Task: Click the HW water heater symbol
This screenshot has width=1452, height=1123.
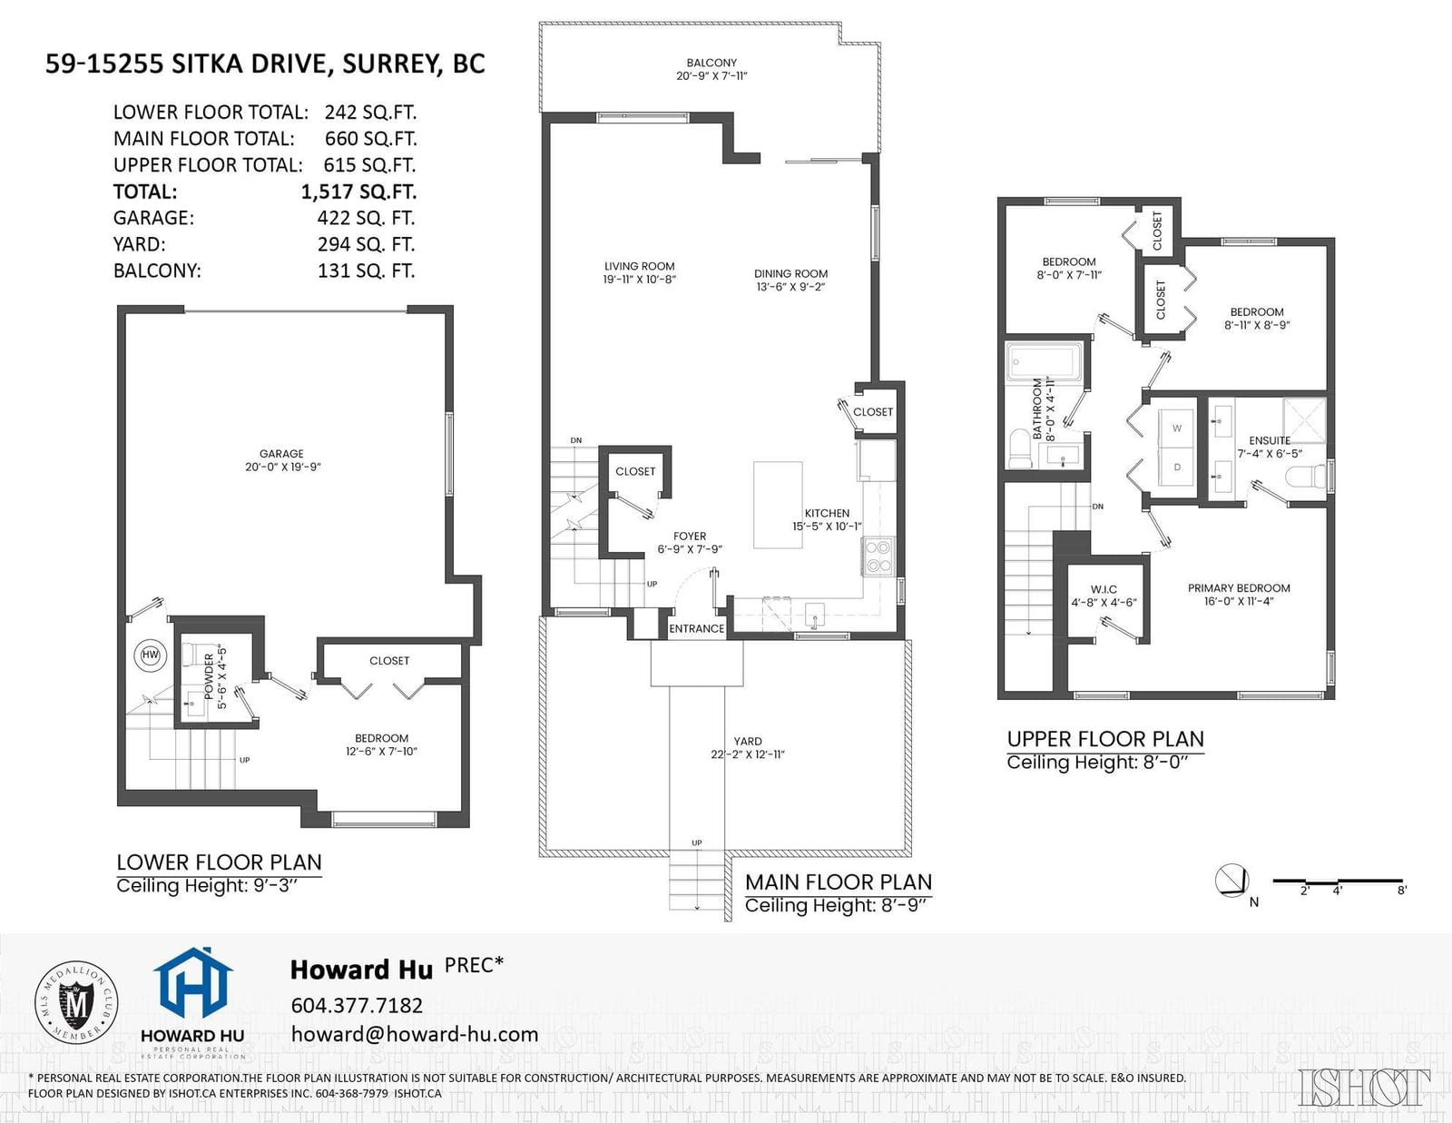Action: [x=151, y=655]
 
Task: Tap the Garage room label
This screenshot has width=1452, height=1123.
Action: [x=281, y=454]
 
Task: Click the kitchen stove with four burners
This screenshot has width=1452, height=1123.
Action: [x=878, y=557]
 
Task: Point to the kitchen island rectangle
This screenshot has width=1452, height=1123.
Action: [x=778, y=505]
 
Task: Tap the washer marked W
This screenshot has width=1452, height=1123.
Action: [x=1177, y=428]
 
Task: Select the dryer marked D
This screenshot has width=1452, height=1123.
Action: [x=1177, y=467]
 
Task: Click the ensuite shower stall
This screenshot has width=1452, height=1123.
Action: [x=1304, y=420]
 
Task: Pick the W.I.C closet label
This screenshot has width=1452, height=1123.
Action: [x=1104, y=589]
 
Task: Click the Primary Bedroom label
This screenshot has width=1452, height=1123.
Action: [x=1239, y=588]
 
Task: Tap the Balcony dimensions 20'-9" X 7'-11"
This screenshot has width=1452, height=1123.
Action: [x=711, y=76]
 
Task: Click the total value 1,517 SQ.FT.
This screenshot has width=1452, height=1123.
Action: [x=358, y=192]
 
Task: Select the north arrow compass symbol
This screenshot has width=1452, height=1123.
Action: [x=1231, y=881]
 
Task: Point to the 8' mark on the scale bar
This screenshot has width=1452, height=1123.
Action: [x=1402, y=891]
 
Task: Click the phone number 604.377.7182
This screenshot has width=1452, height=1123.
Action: [x=357, y=1005]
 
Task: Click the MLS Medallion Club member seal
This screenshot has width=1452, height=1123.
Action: [x=76, y=1002]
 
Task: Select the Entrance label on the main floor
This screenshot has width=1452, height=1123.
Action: [x=697, y=628]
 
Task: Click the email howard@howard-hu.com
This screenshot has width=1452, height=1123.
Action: [x=415, y=1035]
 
